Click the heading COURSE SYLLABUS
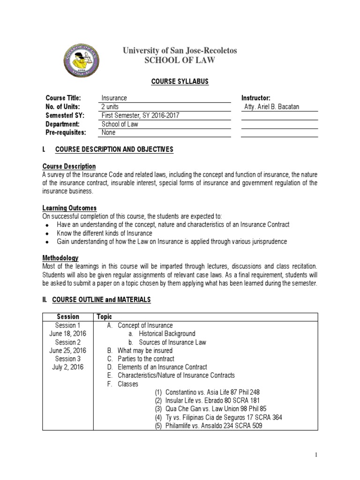180,82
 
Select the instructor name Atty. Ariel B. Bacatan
272,107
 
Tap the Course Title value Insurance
114,98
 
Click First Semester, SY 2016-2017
140,115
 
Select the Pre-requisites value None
109,133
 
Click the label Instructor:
256,98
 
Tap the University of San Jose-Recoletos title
180,50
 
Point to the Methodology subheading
61,258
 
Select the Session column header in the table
68,317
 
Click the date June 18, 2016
68,334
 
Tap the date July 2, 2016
68,367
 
